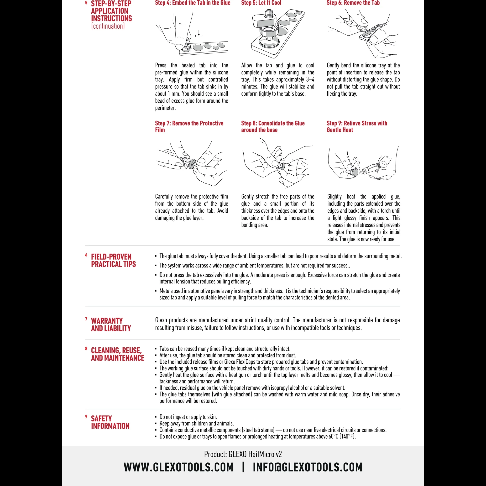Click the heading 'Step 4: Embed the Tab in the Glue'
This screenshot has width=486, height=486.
pos(193,3)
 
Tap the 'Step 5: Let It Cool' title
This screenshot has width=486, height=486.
pos(261,3)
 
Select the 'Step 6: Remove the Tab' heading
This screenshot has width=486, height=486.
pos(353,3)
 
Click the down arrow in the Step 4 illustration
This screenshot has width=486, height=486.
pos(199,33)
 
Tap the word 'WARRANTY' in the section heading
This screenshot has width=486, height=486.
pos(107,321)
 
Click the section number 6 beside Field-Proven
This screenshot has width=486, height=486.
pos(86,255)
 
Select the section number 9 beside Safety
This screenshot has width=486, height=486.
pos(86,417)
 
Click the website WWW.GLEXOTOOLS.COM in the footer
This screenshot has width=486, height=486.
pos(179,467)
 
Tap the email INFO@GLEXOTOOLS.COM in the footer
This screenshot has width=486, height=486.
pos(307,467)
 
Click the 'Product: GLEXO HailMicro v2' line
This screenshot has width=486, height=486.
pos(243,454)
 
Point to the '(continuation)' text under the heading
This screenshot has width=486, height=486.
pos(108,26)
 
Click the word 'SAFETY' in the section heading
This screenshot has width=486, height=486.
pos(101,418)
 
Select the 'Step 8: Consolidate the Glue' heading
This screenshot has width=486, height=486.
pos(273,123)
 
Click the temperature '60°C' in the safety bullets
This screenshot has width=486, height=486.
pos(333,436)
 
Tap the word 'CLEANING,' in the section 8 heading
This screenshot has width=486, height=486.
pos(116,350)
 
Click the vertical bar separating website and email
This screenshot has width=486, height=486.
pos(243,467)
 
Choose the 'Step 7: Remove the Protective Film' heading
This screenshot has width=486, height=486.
pos(189,126)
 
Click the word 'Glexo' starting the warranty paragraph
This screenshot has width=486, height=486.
pos(161,320)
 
